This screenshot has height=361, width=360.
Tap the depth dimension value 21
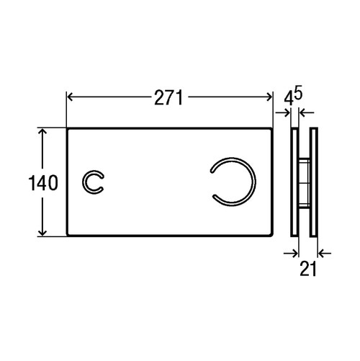click(x=309, y=270)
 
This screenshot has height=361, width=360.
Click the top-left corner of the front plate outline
click(x=67, y=130)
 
